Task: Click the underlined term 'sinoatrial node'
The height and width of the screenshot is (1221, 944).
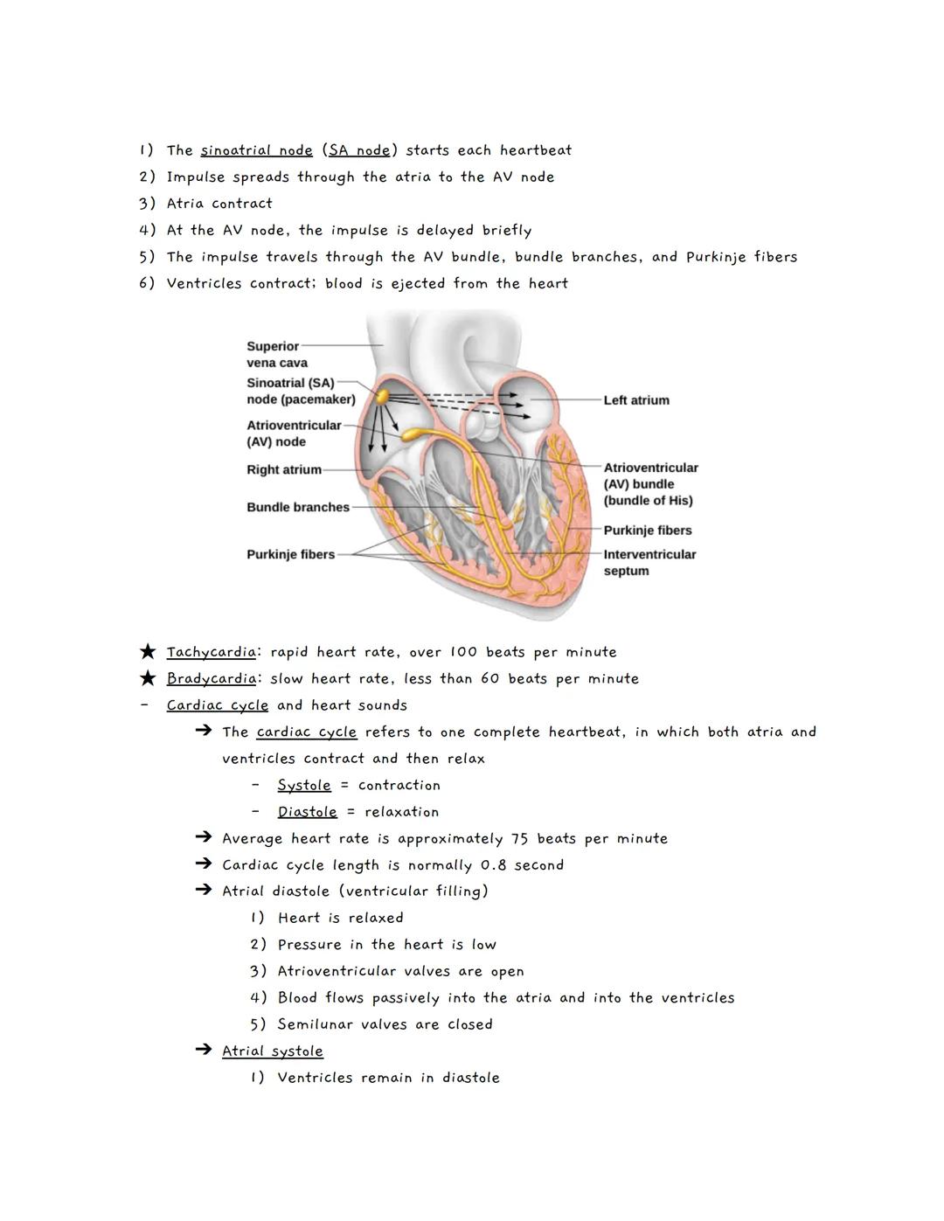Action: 256,150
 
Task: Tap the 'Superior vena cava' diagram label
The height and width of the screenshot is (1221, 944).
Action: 276,354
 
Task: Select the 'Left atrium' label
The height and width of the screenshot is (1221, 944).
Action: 636,400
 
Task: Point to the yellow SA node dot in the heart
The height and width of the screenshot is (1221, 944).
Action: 382,396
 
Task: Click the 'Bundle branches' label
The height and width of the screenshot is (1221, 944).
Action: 298,507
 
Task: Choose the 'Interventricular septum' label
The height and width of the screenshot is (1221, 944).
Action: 649,562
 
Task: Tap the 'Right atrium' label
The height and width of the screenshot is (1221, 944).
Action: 284,469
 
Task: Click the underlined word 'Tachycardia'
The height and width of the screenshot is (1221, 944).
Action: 211,652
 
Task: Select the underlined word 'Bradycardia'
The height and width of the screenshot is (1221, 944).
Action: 211,678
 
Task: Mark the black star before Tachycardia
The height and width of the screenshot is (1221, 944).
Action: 148,651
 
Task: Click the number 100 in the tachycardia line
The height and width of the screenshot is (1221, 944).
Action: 463,652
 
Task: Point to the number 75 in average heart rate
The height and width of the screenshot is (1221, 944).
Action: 520,839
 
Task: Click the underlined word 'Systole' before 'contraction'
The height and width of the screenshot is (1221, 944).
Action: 304,786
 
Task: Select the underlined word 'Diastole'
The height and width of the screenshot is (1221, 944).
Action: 307,812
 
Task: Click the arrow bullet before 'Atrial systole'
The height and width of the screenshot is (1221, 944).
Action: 204,1051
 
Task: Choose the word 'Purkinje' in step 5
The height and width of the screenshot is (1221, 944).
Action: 716,257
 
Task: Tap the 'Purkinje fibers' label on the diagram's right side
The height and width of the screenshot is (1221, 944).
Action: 647,531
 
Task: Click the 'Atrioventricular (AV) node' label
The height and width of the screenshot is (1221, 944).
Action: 294,434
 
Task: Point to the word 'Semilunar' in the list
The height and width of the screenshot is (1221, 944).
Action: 315,1024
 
